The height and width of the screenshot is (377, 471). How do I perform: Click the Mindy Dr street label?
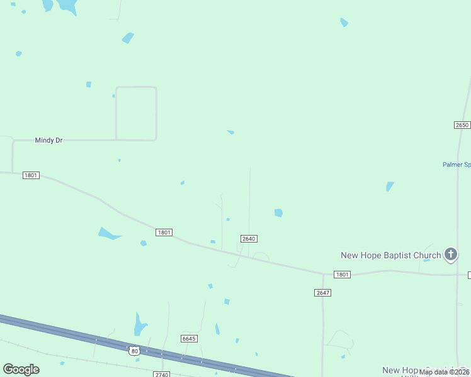click(x=48, y=141)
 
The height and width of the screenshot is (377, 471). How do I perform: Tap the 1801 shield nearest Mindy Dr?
click(x=31, y=175)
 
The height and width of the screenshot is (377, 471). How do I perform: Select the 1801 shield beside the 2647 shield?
click(x=342, y=275)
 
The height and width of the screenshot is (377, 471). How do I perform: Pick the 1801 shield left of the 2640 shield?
click(x=164, y=232)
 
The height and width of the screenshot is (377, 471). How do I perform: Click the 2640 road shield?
click(x=249, y=239)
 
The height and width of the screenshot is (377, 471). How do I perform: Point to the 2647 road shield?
click(x=322, y=293)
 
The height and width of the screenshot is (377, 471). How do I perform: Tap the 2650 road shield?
click(x=462, y=125)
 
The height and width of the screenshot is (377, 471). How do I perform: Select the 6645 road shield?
click(x=189, y=339)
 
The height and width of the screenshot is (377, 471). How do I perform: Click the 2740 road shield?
click(x=162, y=374)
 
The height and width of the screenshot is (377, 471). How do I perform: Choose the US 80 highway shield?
click(x=134, y=351)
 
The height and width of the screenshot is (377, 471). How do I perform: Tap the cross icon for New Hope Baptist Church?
click(x=451, y=254)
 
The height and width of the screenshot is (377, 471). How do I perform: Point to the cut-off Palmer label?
click(x=457, y=165)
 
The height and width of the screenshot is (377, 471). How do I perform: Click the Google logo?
click(x=21, y=369)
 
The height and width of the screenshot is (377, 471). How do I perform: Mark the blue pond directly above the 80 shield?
click(x=140, y=325)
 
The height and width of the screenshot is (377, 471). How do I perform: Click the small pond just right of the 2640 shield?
click(x=278, y=213)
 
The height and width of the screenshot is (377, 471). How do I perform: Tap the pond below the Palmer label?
click(x=390, y=187)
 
